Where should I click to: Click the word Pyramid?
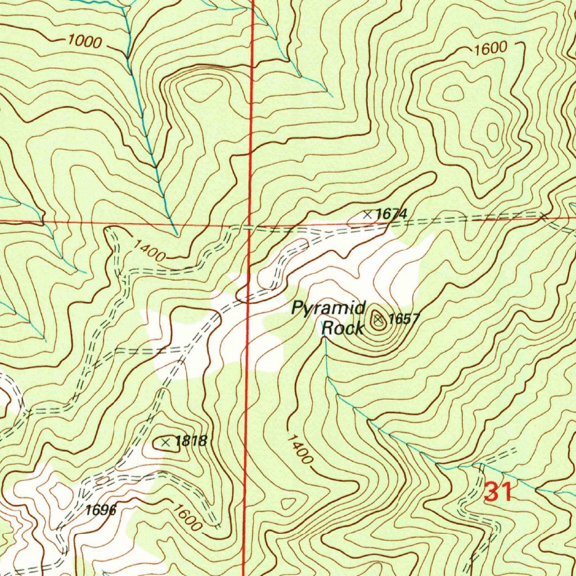pos(329,308)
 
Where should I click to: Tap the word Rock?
pos(342,327)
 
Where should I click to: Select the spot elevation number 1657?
pos(404,319)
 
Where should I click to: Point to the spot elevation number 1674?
pos(391,214)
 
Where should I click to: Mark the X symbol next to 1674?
pos(367,214)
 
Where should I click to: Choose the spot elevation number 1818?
pos(191,441)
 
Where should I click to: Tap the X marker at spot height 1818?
pos(165,443)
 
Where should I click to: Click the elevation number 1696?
pos(101,510)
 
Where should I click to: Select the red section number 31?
pos(498,493)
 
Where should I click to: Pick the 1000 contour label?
pos(84,42)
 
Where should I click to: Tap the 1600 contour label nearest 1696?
pos(187,519)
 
